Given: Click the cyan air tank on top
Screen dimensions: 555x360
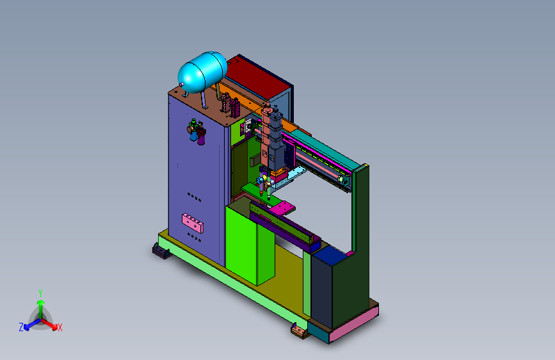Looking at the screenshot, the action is pos(202,72).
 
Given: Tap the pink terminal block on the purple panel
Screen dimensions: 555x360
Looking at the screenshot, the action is pos(193,223).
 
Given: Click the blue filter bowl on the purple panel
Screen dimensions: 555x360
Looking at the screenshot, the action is pos(193,135).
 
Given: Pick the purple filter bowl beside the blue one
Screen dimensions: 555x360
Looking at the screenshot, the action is pos(201,138).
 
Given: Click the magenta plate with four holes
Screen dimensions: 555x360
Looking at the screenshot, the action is pos(282,208).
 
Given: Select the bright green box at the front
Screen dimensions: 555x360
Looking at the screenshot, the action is pos(250,245).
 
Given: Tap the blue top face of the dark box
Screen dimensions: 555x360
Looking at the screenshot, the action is pos(329,254).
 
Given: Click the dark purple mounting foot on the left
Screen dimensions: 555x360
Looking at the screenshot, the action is pos(161,251).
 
